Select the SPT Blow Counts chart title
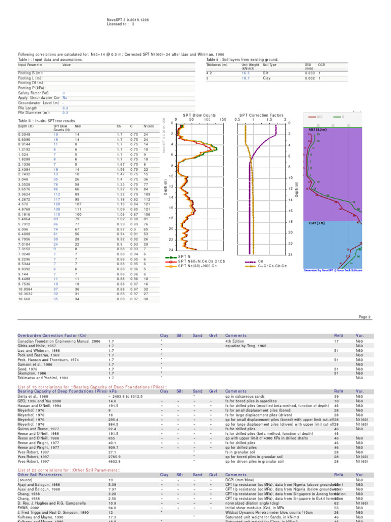click(x=199, y=115)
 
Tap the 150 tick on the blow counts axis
click(x=223, y=120)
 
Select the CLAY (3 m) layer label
click(x=317, y=223)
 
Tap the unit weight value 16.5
click(x=245, y=73)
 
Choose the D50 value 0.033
click(x=308, y=73)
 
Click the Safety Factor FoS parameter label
click(x=33, y=93)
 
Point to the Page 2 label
click(x=365, y=317)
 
